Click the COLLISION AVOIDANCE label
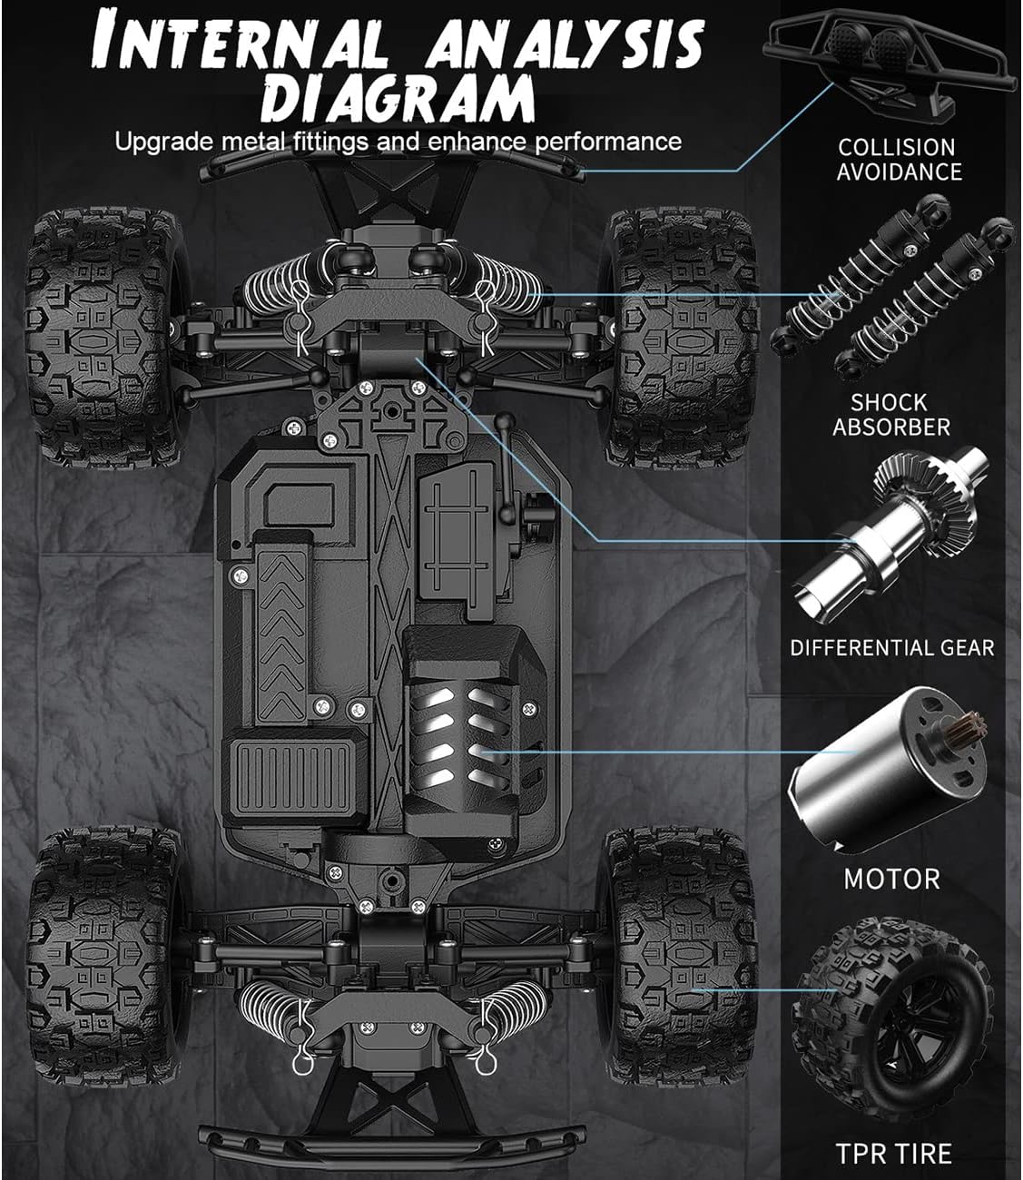point(898,159)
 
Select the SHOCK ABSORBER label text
point(890,414)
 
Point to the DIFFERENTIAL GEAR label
point(891,648)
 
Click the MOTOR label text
point(891,879)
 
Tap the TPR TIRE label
point(893,1154)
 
